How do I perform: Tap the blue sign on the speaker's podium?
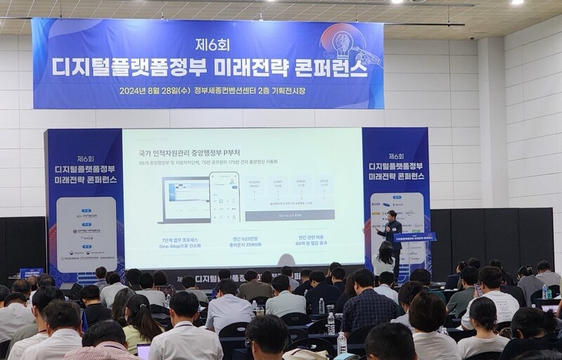pos(414,237)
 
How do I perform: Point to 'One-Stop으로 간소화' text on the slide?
pos(181,247)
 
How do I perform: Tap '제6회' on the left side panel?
pos(86,158)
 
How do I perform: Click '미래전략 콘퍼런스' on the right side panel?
pos(397,175)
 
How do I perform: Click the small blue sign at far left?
pos(31,273)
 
